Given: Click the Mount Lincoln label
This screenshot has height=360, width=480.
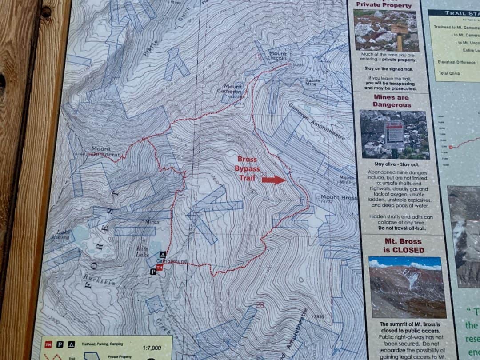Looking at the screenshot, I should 278,56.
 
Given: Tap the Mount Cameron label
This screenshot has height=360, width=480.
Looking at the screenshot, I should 233,89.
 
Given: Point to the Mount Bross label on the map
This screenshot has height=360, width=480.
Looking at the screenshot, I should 339,197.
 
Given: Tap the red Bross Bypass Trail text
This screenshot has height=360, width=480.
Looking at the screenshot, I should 247,168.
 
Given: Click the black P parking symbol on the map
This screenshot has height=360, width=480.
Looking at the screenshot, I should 153,271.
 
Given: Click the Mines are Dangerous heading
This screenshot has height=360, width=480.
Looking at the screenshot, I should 392,101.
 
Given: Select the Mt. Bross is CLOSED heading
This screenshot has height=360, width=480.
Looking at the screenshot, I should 404,246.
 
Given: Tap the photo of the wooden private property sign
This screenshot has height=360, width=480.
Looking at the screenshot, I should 386,30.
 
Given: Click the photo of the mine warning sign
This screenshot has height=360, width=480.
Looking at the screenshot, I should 394,135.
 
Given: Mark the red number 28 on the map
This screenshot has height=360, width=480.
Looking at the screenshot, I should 260,305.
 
